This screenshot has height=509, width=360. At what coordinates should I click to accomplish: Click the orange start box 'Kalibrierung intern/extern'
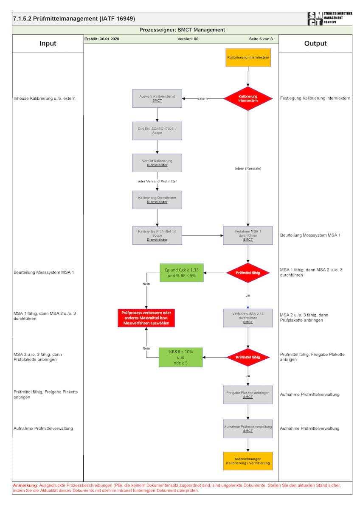(248, 58)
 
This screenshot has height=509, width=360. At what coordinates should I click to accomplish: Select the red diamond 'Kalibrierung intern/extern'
(248, 98)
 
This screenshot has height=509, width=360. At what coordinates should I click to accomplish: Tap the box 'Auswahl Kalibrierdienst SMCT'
(157, 98)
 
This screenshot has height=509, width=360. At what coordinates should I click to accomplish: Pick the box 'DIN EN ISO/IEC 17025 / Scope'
(157, 131)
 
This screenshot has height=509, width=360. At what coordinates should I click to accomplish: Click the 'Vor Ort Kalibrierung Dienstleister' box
(157, 163)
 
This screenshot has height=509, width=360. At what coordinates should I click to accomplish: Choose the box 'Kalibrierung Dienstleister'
(157, 200)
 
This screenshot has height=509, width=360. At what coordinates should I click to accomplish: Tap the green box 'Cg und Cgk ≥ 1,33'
(181, 273)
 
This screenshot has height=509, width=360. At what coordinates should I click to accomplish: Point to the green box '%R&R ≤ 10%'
(180, 357)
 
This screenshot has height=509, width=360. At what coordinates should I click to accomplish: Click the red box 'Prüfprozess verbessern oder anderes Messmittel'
(146, 318)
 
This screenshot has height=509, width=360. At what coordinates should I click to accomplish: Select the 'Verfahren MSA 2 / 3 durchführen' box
(248, 318)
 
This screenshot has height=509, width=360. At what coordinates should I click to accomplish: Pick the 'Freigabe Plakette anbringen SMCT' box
(248, 394)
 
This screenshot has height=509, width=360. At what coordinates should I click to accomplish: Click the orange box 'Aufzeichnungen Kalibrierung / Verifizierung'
(248, 461)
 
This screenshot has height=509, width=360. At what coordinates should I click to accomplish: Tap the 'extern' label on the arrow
(202, 99)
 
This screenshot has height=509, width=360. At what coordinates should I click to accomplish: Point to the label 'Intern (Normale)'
(248, 168)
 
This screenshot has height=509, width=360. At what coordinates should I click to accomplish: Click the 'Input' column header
(48, 44)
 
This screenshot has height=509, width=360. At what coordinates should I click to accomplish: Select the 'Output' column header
(315, 44)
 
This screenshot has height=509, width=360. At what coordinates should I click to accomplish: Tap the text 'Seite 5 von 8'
(261, 39)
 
